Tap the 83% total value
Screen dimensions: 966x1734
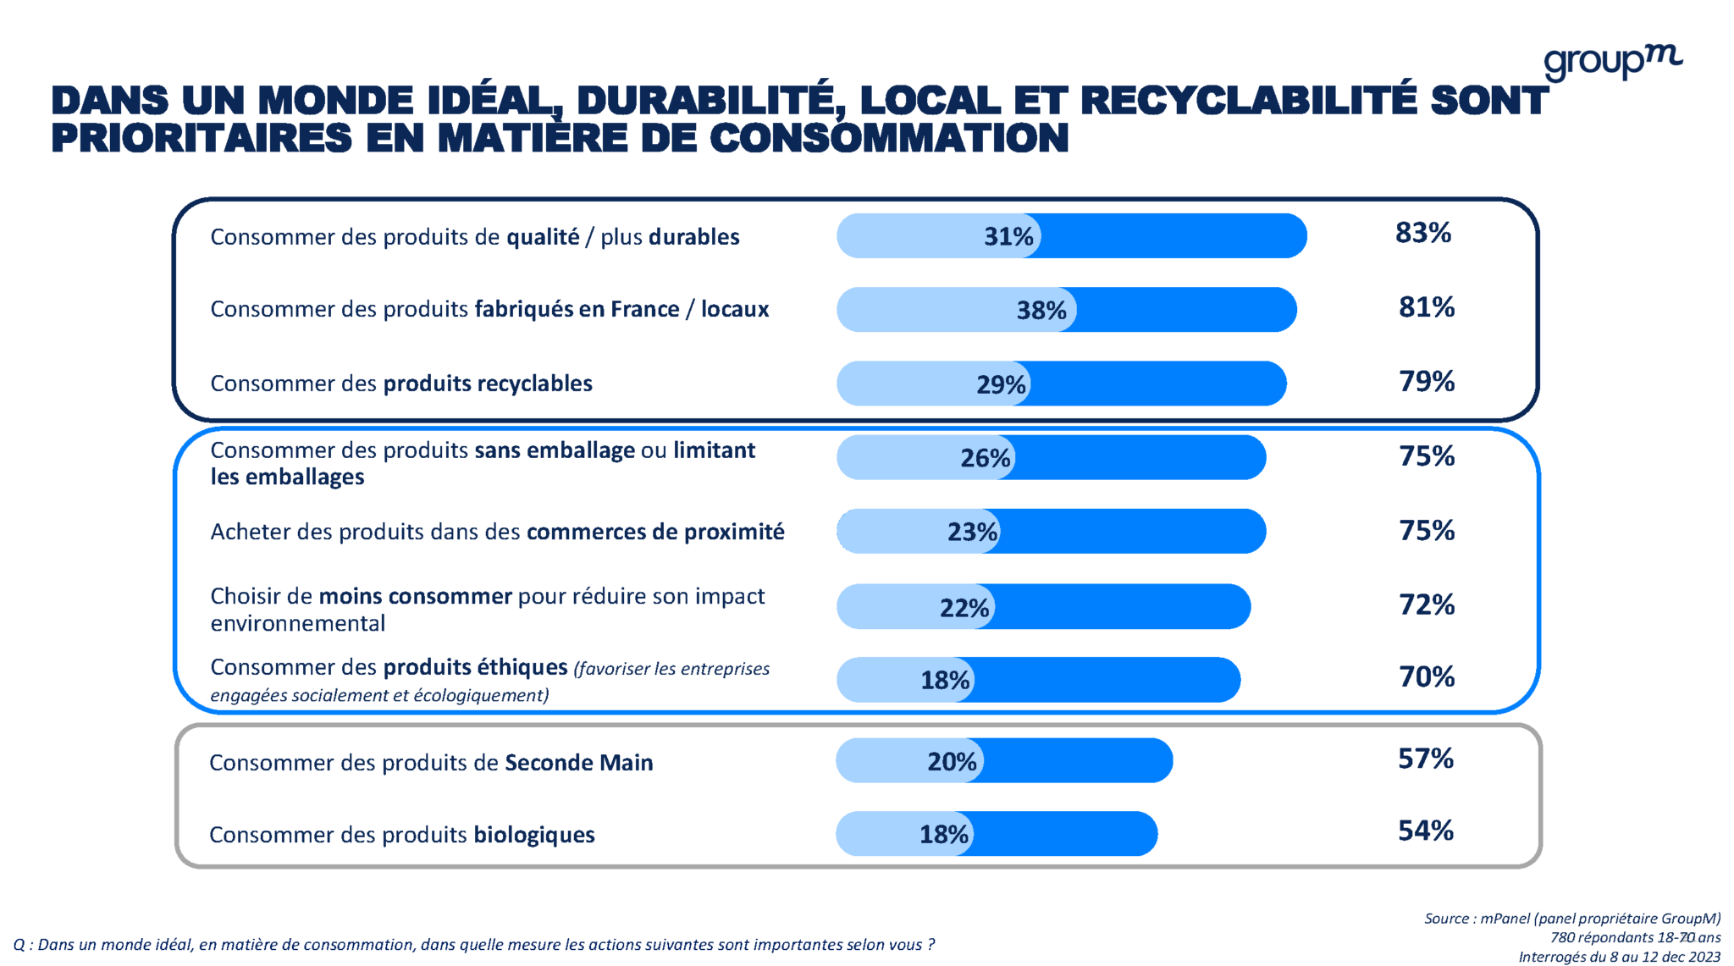1422,233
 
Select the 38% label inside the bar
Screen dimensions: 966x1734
1041,311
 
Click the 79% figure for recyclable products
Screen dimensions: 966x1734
1426,382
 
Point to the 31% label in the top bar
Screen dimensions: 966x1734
1008,236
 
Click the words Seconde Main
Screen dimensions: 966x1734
578,763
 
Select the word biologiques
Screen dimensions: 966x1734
533,835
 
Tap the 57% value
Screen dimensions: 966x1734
1425,759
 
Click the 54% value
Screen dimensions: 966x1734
1425,831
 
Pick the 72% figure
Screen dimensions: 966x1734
1426,605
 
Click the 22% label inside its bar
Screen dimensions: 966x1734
964,608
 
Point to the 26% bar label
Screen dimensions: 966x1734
985,458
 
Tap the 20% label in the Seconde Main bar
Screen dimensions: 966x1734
951,762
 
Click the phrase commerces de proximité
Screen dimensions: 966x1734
654,532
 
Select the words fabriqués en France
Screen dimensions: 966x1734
576,309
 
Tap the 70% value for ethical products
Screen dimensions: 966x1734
1426,677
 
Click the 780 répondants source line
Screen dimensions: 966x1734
1634,937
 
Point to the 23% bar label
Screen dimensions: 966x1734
972,532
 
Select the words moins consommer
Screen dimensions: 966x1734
415,596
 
